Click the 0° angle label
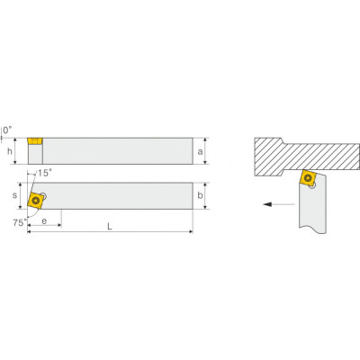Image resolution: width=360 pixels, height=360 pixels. tap(8, 130)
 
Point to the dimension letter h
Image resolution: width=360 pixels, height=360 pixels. tap(10, 151)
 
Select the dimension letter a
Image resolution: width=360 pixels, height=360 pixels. tap(200, 152)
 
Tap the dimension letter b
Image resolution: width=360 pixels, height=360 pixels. tap(200, 195)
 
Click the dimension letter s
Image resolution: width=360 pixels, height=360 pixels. tap(14, 195)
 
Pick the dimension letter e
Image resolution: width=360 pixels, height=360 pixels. tap(44, 221)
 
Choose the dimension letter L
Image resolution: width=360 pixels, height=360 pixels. tap(110, 227)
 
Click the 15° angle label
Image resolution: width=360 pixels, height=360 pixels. tap(44, 173)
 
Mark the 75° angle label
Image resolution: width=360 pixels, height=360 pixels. tap(20, 222)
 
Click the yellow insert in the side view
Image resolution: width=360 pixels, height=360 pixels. tap(35, 141)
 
